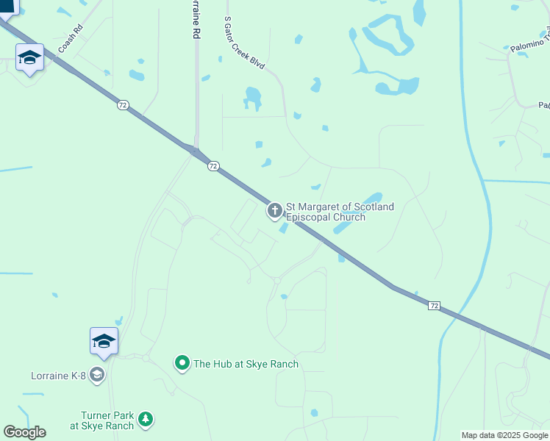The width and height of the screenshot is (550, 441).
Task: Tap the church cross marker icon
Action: (x=274, y=212)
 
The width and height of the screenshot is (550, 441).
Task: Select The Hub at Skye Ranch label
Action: (x=246, y=363)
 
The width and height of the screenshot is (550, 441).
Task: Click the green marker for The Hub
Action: (x=182, y=362)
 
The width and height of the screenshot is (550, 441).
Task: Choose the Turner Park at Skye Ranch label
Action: (x=103, y=420)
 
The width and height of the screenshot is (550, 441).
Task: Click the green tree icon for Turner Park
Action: (x=146, y=419)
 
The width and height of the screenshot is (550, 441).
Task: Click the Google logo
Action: (x=24, y=431)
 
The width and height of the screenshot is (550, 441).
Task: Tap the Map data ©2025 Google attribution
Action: (x=504, y=435)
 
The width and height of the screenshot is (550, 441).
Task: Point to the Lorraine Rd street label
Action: (x=195, y=20)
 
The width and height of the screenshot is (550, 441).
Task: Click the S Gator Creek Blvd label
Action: (x=243, y=44)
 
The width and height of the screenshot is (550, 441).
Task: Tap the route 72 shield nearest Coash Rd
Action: (x=122, y=105)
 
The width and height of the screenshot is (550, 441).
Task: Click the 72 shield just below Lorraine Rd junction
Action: (x=213, y=166)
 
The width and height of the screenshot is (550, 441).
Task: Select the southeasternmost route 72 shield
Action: (x=435, y=305)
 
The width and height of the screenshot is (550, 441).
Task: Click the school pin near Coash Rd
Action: (x=29, y=59)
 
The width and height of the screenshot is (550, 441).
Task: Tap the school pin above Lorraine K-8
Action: (x=104, y=342)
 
